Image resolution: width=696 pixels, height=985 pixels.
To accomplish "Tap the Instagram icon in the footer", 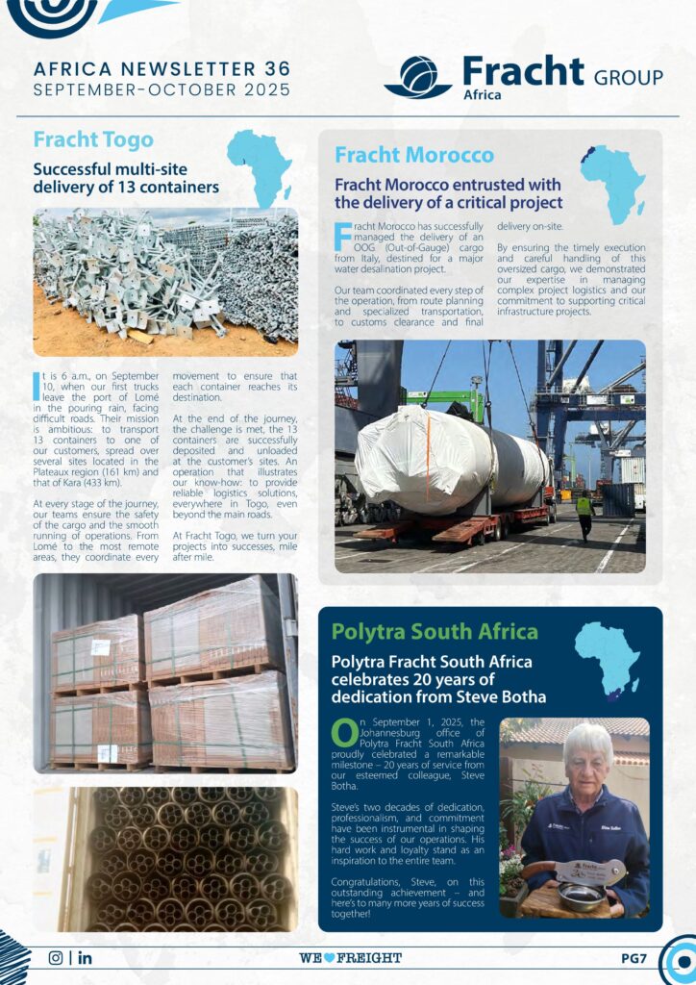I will (55, 957).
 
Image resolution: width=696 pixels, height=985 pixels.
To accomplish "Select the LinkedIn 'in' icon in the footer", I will (86, 957).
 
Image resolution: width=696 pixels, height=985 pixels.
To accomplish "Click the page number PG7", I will (634, 958).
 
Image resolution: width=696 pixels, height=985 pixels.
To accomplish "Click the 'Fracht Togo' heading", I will (92, 140).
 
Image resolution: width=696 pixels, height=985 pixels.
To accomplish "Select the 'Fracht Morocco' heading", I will (414, 155).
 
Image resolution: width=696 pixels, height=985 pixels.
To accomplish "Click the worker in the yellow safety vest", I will (584, 513).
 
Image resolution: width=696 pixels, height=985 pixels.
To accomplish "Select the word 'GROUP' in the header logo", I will (629, 77).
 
